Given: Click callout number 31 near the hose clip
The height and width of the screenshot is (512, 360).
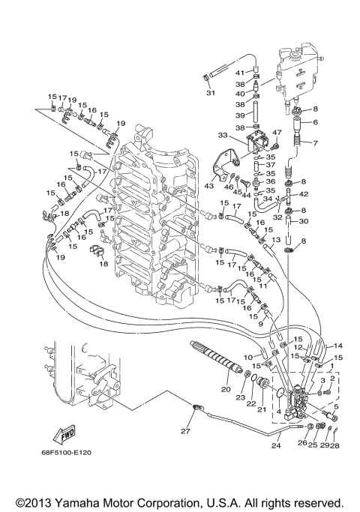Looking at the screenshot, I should coord(211,93).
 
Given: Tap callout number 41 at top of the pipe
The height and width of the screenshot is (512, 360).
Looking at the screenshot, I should coord(241,73).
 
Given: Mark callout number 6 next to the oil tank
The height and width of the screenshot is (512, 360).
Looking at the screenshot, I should coord(315,122).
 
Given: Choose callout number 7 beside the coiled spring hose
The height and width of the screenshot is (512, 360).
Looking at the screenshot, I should coord(315,142).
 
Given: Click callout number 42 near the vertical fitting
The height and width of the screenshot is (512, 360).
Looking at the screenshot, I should coord(315,193).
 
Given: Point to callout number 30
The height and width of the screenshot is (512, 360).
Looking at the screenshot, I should coord(315,221).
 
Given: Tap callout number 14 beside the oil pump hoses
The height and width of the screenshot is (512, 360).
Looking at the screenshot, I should coord(337,346).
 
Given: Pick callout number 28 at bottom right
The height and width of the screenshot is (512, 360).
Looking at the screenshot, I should coord(335,446).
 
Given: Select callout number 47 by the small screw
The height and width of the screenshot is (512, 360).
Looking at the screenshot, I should coord(275,133).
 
